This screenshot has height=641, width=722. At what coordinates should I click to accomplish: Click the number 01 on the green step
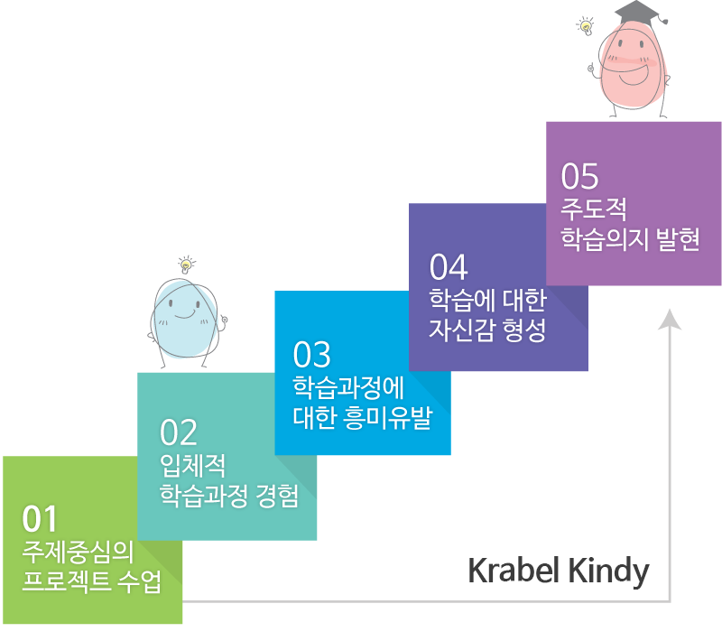[x=40, y=519]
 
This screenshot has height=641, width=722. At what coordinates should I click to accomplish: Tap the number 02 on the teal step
[x=178, y=432]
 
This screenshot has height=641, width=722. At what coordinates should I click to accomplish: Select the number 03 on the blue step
[x=311, y=355]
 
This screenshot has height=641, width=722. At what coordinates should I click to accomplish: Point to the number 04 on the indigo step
[x=449, y=267]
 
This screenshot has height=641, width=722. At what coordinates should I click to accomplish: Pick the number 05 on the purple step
[x=579, y=176]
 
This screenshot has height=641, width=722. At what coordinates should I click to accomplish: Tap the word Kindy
[x=608, y=571]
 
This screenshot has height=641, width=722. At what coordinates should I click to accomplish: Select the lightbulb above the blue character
[x=186, y=265]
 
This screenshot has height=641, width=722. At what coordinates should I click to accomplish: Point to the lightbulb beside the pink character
[x=585, y=26]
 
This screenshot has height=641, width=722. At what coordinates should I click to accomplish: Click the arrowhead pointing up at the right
[x=670, y=320]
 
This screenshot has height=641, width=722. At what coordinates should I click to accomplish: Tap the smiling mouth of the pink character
[x=634, y=76]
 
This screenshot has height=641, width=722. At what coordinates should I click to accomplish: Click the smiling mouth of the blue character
[x=185, y=314]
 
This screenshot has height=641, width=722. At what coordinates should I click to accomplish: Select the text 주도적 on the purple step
[x=594, y=209]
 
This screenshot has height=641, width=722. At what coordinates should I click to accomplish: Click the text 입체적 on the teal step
[x=192, y=466]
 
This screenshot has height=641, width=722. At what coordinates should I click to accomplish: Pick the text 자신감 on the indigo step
[x=461, y=330]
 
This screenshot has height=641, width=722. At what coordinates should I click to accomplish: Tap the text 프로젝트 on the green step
[x=66, y=581]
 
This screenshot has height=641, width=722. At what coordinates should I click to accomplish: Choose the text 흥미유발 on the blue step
[x=388, y=418]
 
